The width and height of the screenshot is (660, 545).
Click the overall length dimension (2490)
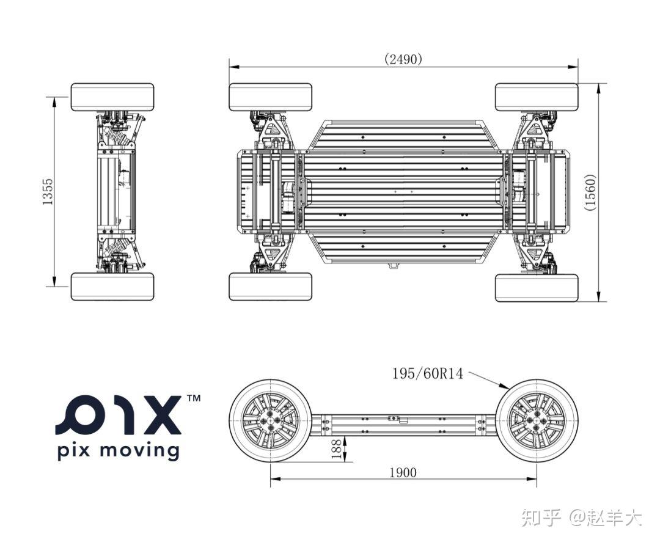(x=403, y=59)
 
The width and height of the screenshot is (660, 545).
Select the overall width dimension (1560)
(x=590, y=192)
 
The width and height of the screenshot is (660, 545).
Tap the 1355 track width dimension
(x=48, y=192)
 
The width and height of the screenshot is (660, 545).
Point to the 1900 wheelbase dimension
(x=403, y=472)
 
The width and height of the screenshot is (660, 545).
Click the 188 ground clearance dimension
(x=336, y=448)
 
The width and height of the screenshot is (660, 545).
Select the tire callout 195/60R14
(x=427, y=373)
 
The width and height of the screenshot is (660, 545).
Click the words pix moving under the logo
(x=118, y=452)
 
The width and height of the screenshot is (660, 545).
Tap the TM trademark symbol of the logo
(x=193, y=398)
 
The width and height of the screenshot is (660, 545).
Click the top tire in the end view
(x=112, y=97)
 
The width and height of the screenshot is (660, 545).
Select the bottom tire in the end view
(x=112, y=287)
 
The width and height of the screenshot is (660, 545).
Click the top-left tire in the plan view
(x=270, y=97)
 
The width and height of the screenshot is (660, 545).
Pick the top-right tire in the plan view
(x=536, y=97)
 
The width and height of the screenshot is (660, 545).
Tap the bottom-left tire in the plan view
(x=270, y=287)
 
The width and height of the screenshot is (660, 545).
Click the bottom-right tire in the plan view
(x=536, y=287)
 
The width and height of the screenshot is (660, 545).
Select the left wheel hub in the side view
(x=270, y=421)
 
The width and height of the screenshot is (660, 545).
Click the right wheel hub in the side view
(x=536, y=421)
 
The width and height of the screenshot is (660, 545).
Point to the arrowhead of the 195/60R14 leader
(x=507, y=387)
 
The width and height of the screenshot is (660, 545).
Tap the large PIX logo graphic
(x=119, y=415)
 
